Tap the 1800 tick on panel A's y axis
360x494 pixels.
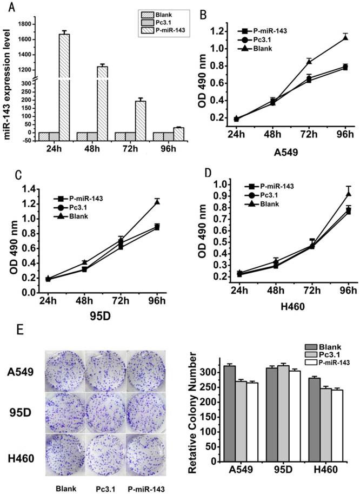pos(24,24)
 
